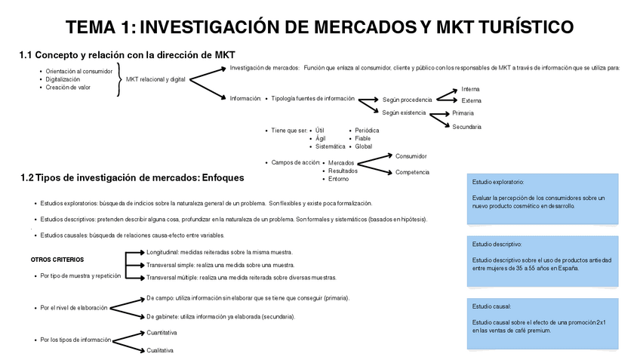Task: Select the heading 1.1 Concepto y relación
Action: (x=128, y=54)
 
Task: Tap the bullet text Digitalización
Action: (x=63, y=78)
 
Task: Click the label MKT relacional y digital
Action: (x=155, y=78)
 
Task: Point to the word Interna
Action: (x=470, y=89)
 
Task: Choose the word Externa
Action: (x=471, y=100)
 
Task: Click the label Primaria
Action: (x=463, y=112)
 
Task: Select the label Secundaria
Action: (x=466, y=126)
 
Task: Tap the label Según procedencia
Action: (x=408, y=99)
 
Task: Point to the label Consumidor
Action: (x=411, y=156)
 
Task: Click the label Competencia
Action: (x=412, y=172)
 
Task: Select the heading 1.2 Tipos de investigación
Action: (x=133, y=177)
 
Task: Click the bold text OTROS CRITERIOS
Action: (x=57, y=259)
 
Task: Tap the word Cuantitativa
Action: (x=162, y=332)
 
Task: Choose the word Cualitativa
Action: (x=160, y=350)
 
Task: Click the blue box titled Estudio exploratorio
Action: (x=543, y=199)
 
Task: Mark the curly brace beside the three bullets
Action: (x=118, y=78)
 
